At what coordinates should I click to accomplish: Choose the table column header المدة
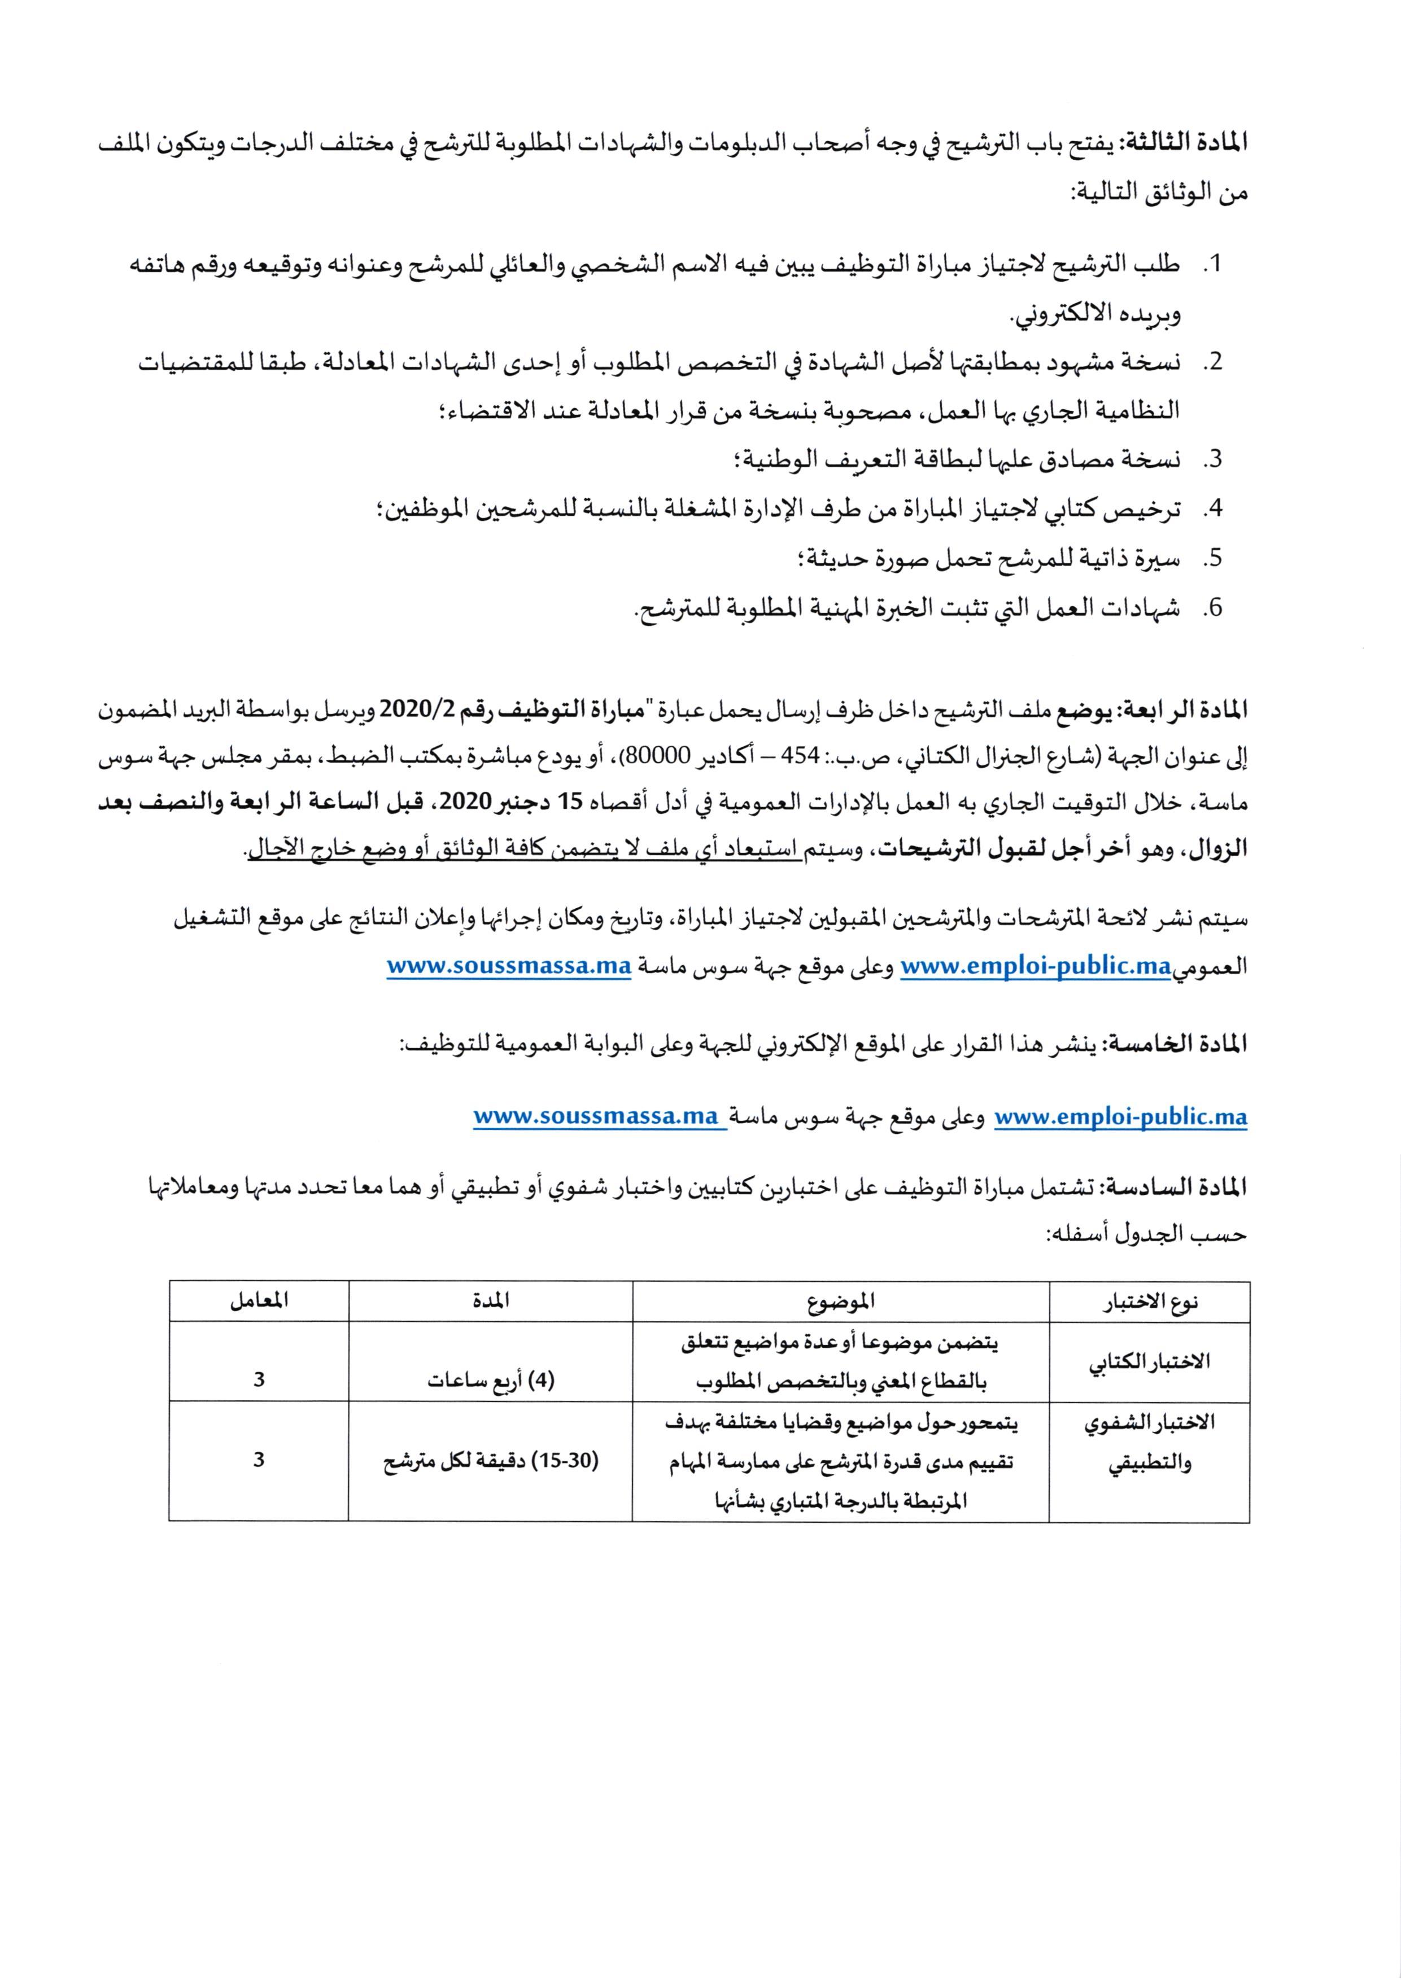[490, 1300]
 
